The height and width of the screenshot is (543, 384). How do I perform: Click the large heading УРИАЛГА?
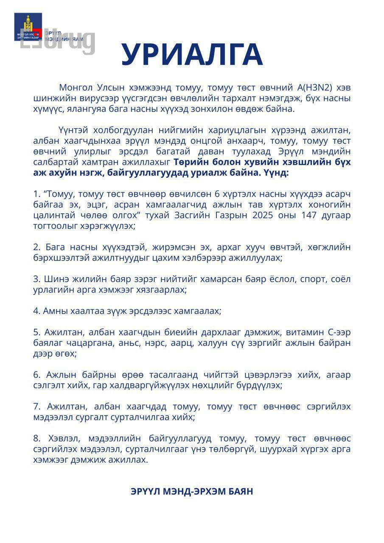click(192, 55)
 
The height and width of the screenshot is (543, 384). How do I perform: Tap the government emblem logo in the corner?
click(28, 26)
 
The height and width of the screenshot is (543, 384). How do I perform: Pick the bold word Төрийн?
click(190, 162)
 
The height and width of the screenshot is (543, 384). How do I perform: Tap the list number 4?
click(36, 311)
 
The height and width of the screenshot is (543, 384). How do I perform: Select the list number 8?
click(36, 439)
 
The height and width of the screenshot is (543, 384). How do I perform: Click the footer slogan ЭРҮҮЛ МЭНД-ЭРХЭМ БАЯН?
click(192, 492)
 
